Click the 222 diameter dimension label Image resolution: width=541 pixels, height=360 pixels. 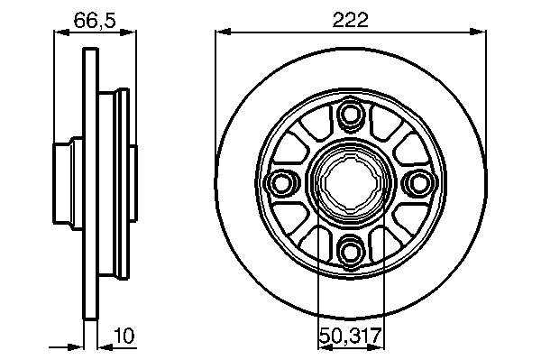(351, 21)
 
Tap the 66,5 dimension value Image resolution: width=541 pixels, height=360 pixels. (95, 21)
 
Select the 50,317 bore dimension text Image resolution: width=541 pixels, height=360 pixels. (350, 335)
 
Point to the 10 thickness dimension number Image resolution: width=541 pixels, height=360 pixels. (124, 336)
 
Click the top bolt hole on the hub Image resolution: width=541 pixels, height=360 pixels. (351, 114)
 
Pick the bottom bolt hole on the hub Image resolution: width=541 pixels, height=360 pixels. (351, 250)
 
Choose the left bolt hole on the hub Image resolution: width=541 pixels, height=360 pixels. (282, 182)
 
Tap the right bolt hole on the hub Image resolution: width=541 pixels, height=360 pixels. (419, 182)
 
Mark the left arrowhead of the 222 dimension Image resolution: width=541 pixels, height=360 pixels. (223, 32)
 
